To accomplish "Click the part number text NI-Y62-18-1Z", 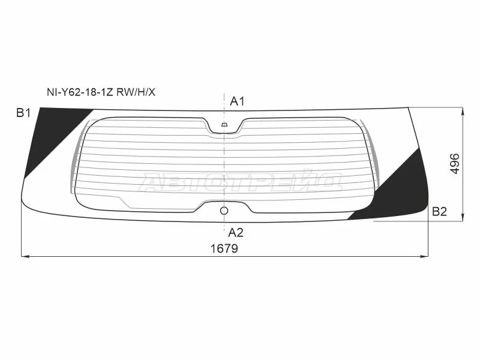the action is coord(80,92).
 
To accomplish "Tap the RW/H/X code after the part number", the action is coord(136,92).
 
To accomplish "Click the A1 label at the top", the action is coord(237,101).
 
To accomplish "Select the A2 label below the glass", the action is coord(236,233).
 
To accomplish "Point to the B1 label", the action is coord(23,113).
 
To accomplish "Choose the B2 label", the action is coord(439,212).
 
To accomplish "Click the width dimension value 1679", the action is coord(224,248).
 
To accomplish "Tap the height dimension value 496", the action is coord(455,164).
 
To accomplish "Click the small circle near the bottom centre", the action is coord(224,211).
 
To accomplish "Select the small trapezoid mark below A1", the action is coord(224,125).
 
